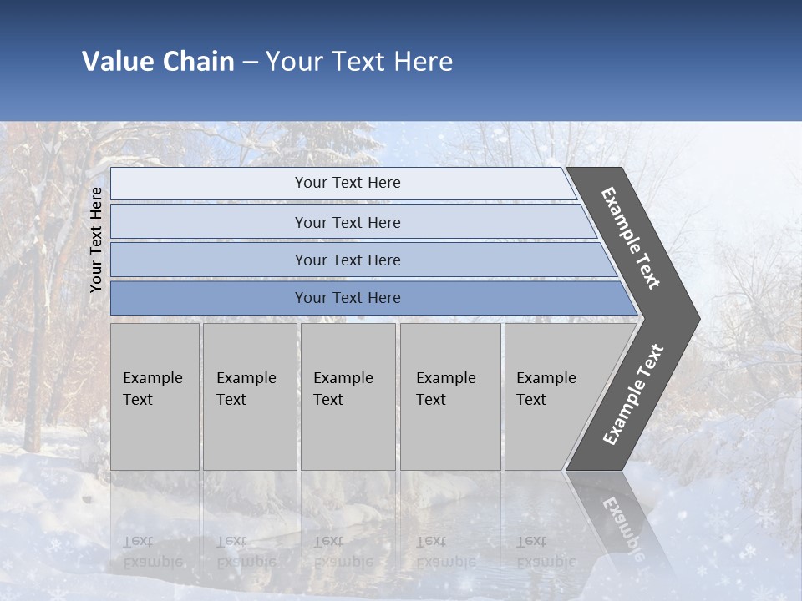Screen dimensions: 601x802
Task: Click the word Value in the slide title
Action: (116, 62)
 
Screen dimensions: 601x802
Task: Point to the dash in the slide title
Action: (250, 63)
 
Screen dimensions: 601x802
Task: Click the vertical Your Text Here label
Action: (96, 240)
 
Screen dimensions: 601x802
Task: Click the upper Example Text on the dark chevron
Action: (631, 238)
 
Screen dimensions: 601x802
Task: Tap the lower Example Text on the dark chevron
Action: (633, 394)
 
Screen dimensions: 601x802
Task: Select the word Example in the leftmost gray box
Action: (152, 378)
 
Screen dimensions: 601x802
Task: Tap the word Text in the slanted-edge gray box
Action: (531, 400)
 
